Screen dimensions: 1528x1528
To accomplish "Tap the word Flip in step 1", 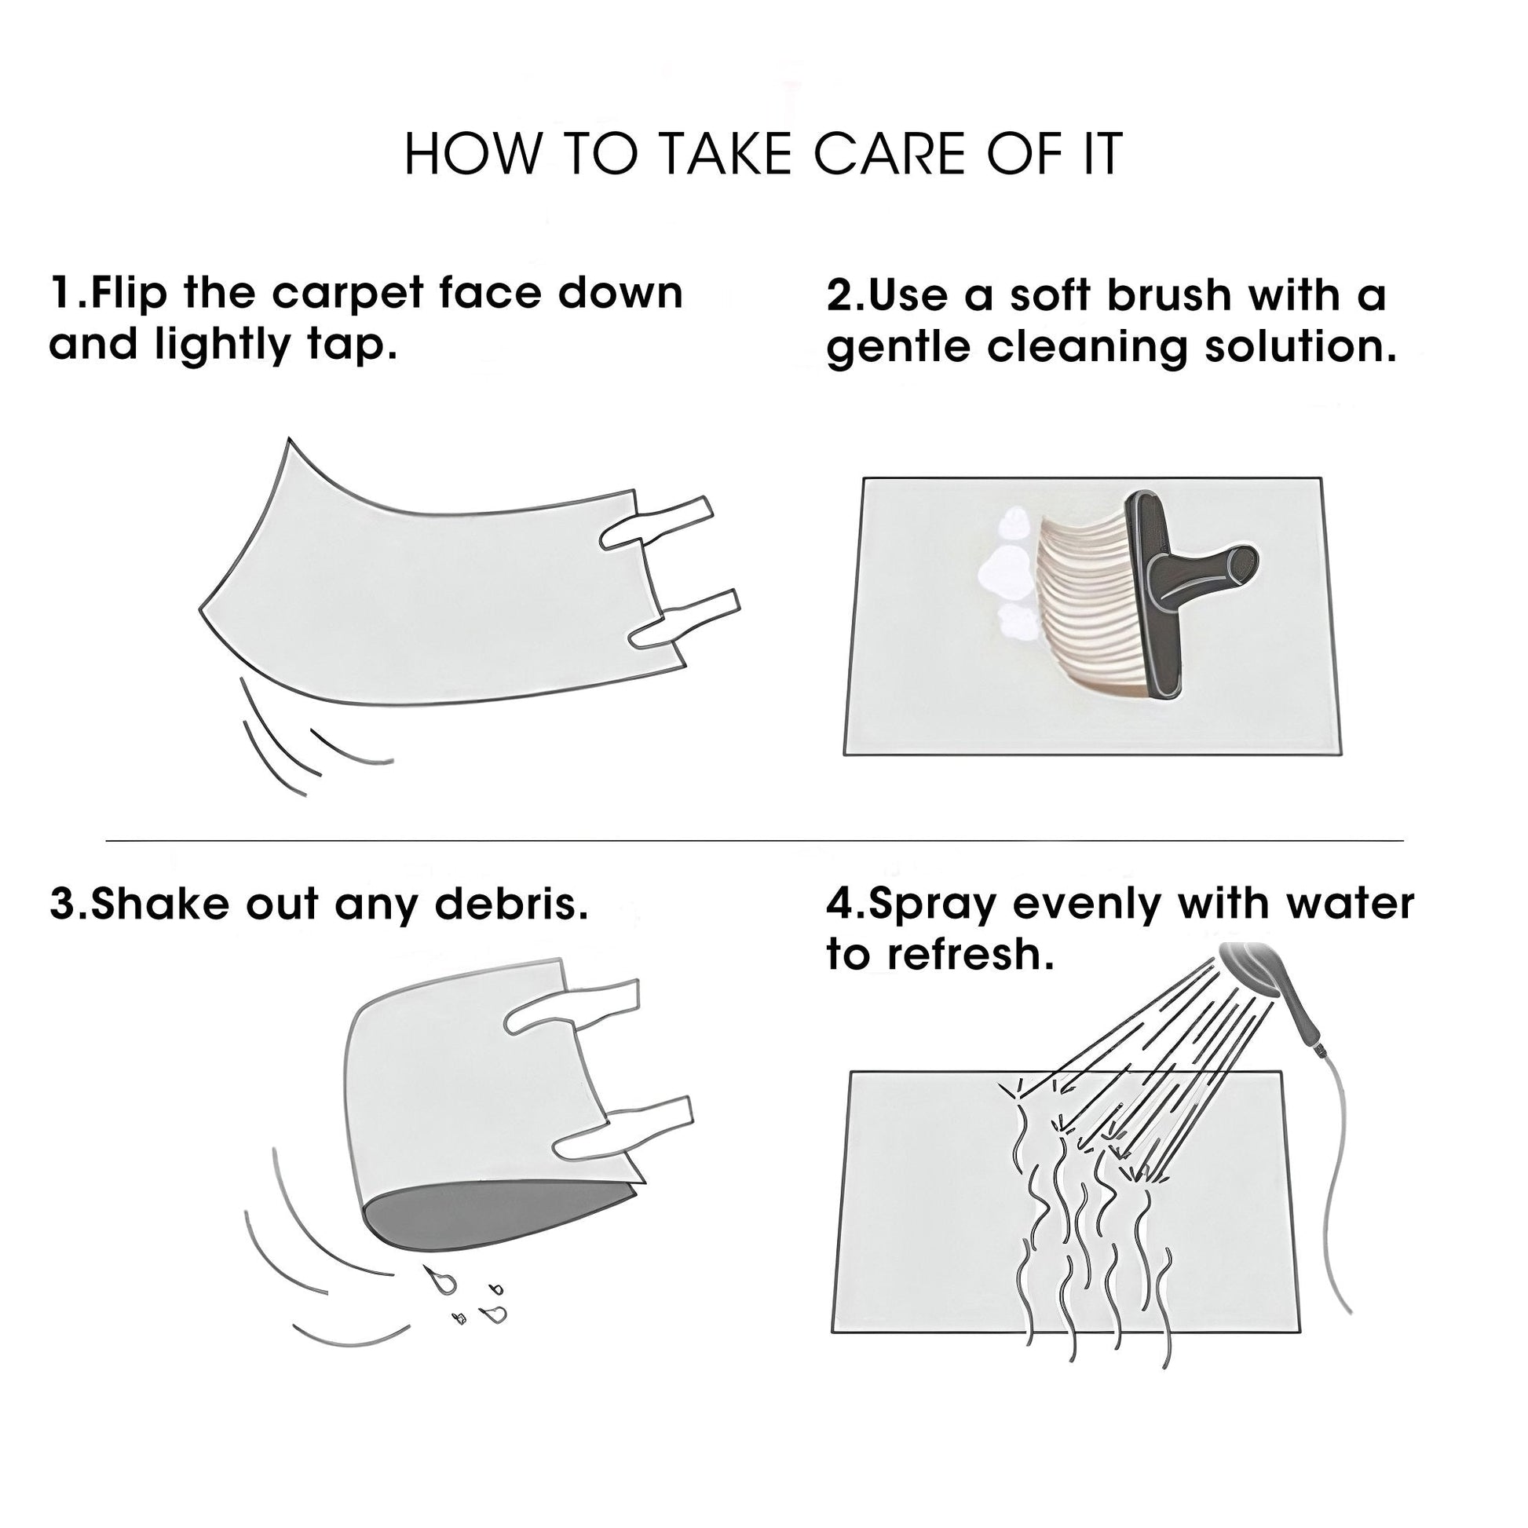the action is (129, 293).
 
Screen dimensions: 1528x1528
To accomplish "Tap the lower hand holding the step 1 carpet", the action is (682, 620).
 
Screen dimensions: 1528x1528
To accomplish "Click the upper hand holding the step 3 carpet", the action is (572, 1005).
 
